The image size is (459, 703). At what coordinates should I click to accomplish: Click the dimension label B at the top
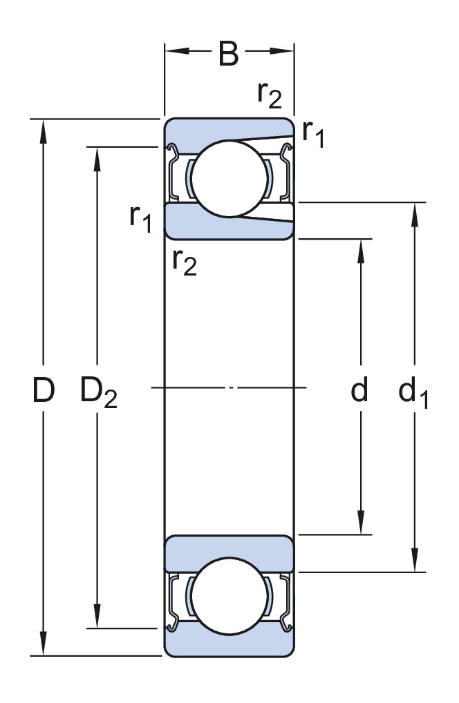(x=228, y=54)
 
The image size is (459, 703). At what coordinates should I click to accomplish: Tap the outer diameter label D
(x=44, y=389)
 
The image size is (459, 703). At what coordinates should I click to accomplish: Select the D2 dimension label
(x=99, y=392)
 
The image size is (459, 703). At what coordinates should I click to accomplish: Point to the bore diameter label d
(x=359, y=389)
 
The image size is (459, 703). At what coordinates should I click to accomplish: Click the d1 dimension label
(x=413, y=392)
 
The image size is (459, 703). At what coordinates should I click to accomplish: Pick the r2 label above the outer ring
(x=270, y=94)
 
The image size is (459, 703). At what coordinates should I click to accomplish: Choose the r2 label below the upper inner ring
(x=185, y=262)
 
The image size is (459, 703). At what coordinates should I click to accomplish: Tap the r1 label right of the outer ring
(x=313, y=133)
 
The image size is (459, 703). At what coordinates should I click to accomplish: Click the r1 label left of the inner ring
(x=140, y=218)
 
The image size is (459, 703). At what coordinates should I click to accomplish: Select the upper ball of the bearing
(x=230, y=178)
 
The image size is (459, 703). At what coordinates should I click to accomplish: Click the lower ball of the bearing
(x=230, y=596)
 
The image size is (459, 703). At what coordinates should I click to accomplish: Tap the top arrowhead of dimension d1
(x=415, y=214)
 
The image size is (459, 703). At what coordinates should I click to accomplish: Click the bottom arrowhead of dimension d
(x=360, y=522)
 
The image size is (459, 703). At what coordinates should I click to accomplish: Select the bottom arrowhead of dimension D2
(x=97, y=616)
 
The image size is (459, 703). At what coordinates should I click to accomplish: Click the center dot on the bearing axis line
(x=230, y=387)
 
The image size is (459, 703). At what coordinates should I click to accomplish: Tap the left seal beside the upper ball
(x=174, y=173)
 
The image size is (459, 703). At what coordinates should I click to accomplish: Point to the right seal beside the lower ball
(x=285, y=601)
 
